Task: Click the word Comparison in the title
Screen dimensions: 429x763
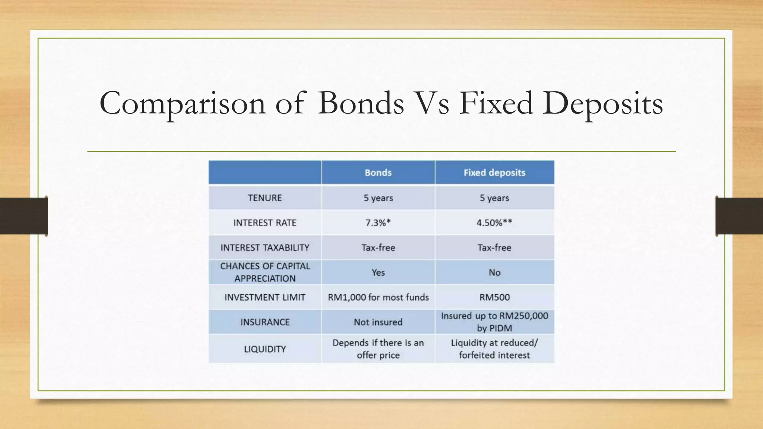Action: point(183,104)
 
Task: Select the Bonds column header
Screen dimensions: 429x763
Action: point(378,173)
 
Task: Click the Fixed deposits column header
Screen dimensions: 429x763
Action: point(494,173)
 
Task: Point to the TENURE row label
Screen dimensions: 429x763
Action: point(265,198)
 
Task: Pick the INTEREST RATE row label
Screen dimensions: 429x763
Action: point(265,223)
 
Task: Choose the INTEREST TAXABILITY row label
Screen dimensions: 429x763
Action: point(265,248)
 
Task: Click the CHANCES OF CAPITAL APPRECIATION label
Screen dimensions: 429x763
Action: point(265,272)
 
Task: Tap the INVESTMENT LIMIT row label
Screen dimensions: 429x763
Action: point(265,297)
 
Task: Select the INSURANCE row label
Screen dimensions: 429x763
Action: point(265,322)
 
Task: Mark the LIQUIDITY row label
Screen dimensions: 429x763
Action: point(265,349)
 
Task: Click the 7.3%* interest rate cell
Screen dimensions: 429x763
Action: point(378,223)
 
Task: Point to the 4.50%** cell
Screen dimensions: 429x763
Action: point(494,223)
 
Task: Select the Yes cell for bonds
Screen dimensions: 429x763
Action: point(378,272)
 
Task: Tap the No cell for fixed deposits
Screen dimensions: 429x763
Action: point(494,272)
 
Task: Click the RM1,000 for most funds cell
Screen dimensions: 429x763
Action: point(378,297)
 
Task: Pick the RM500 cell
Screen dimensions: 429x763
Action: point(494,297)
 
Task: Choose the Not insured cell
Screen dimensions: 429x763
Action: point(378,322)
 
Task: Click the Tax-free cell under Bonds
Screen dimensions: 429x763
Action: point(378,248)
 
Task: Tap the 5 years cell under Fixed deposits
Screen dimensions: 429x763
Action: point(494,198)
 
